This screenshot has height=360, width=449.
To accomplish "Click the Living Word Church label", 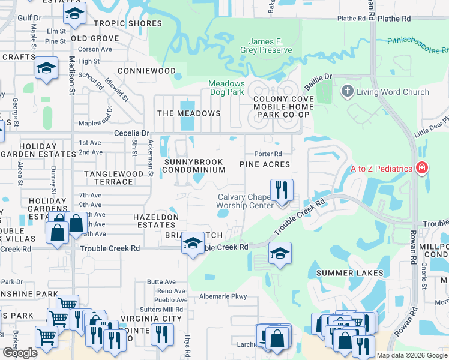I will click(393, 92).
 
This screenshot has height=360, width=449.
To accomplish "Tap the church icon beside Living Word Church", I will click(346, 92).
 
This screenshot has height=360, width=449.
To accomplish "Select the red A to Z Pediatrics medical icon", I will click(422, 167).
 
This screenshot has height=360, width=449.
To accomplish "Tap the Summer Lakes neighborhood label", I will click(349, 273).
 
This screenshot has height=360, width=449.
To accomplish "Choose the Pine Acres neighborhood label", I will click(265, 164).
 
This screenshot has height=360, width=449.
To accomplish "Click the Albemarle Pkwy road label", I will click(223, 296).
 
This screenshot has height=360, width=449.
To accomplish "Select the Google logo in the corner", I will click(20, 353).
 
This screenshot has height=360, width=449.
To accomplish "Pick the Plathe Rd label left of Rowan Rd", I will click(351, 19).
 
